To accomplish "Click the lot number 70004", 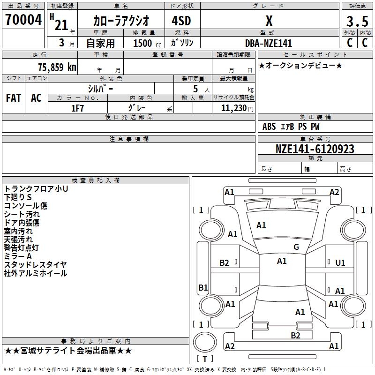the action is [x=23, y=20].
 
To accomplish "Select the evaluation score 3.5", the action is [x=357, y=21].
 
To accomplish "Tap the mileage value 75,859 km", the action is [x=57, y=67].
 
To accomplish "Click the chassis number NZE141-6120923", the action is [x=315, y=149].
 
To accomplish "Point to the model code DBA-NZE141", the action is [x=269, y=43].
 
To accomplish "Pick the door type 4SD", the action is [x=181, y=21].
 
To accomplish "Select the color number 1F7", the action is [x=77, y=108].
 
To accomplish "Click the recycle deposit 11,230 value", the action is [x=234, y=108].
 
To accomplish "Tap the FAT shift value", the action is [x=14, y=98].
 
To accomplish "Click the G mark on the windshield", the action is [x=296, y=247].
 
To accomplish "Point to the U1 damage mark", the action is [x=340, y=263].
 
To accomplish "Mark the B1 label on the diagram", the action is [x=203, y=287].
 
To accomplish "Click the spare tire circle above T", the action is [x=205, y=342].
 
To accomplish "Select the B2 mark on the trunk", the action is [x=295, y=336].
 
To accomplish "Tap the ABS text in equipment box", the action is [x=269, y=127].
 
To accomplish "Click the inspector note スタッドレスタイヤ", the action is [x=36, y=264].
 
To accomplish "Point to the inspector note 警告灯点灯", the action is [x=21, y=248].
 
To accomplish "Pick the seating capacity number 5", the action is [x=195, y=89].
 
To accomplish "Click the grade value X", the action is [x=269, y=21].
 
